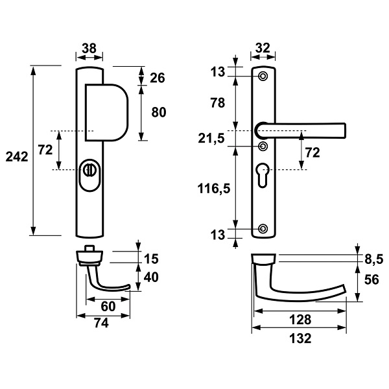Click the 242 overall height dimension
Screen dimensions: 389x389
pos(17,157)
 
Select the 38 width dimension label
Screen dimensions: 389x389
pos(89,49)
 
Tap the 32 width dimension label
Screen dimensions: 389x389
pos(263,48)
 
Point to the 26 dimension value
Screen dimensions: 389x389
pos(158,78)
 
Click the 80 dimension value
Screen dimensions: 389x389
pos(159,112)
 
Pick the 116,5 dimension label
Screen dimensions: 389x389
pos(214,189)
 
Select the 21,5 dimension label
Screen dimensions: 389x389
pos(211,139)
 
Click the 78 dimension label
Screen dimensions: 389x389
pos(218,102)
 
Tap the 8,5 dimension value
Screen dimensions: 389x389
pos(374,260)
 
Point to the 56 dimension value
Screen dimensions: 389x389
pos(371,279)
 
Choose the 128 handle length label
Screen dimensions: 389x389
pos(300,320)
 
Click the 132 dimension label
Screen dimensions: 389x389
pos(300,338)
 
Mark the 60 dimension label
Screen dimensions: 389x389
pos(108,307)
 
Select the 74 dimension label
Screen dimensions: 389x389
pos(102,323)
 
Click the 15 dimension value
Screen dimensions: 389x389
pos(151,259)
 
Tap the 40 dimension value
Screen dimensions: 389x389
pos(151,277)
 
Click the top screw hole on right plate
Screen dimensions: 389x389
pos(263,76)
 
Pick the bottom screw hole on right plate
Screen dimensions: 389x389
pos(263,228)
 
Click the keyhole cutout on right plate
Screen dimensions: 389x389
pos(262,175)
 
